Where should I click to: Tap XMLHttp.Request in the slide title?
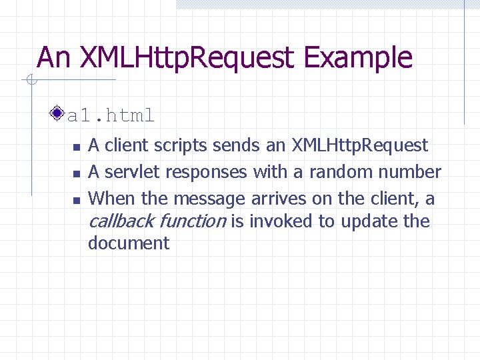(x=187, y=57)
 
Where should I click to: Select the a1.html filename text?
(x=111, y=115)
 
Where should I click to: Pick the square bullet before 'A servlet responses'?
(x=77, y=173)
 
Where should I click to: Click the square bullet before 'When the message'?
(x=77, y=200)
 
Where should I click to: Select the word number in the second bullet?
(x=409, y=172)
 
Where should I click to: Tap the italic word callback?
(x=121, y=221)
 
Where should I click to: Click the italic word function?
(x=193, y=221)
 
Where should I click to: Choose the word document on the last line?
(x=129, y=243)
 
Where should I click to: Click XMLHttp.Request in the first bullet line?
(x=359, y=145)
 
